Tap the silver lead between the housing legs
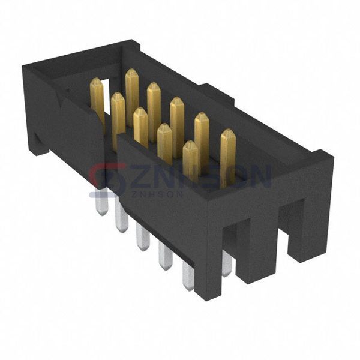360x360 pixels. click(x=226, y=264)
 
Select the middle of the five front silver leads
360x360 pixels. click(x=143, y=237)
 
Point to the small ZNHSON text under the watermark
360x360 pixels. click(x=148, y=194)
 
